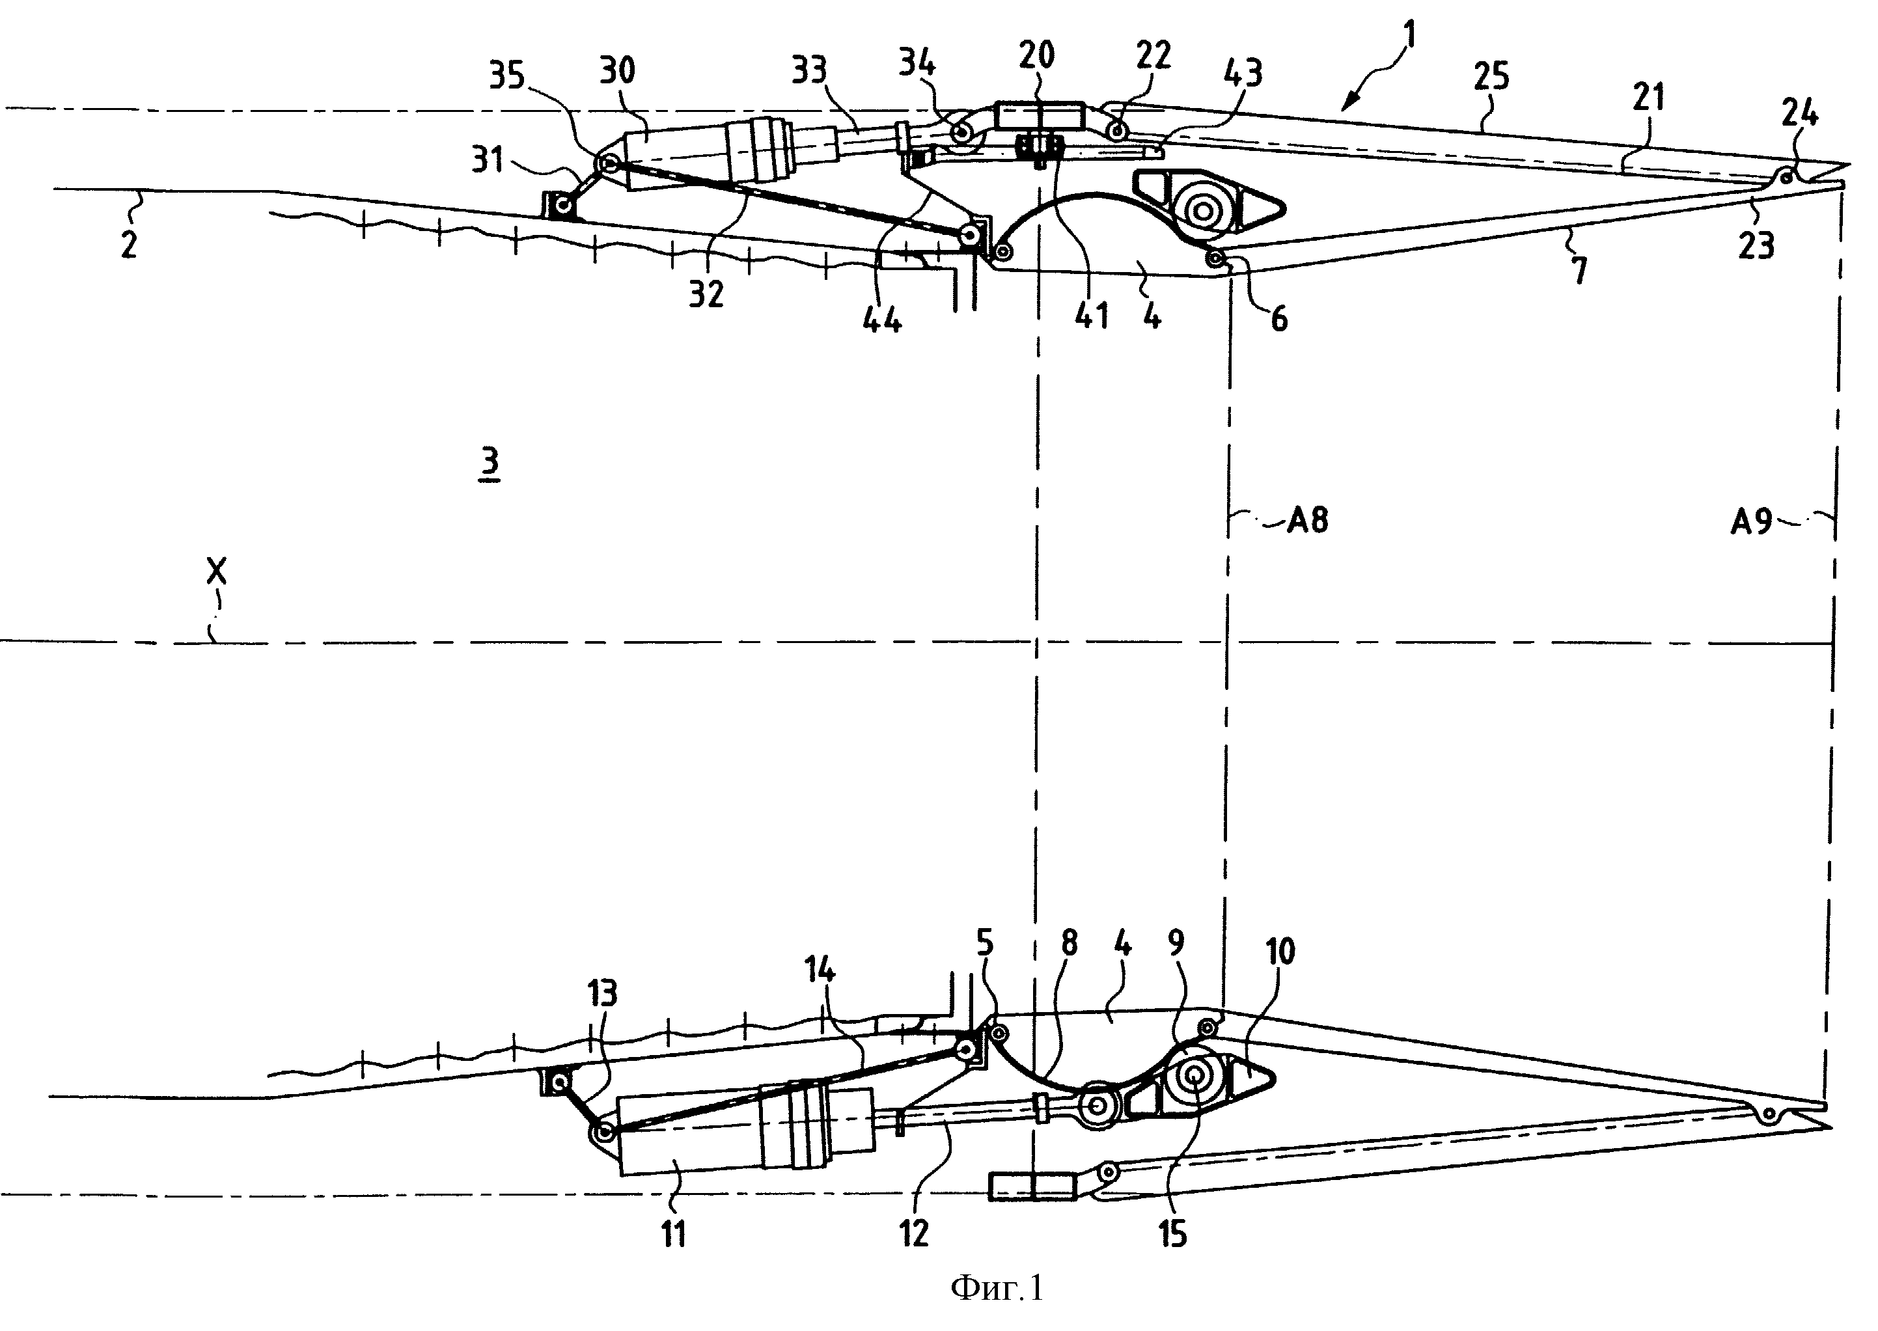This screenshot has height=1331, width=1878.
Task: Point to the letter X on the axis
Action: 216,571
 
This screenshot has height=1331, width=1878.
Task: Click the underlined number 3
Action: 490,465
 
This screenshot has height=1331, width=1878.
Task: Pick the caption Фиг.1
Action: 997,1289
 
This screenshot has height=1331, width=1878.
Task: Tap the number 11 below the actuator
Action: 673,1233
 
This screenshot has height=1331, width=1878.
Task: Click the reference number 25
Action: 1490,77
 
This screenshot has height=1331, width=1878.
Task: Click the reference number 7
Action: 1579,269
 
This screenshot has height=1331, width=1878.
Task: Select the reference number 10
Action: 1280,952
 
